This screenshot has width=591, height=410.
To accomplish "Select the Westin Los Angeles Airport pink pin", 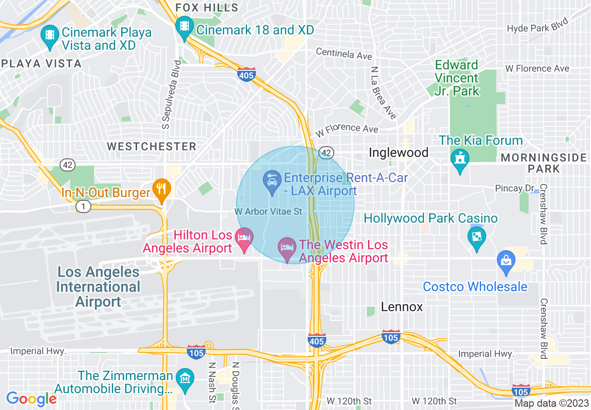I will tap(287, 247).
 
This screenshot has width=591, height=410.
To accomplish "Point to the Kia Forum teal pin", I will tap(460, 159).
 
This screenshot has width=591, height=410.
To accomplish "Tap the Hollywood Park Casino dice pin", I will tap(476, 237).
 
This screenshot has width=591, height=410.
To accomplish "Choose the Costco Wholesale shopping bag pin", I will tap(506, 261).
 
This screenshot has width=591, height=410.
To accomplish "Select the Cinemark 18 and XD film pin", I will tap(185, 26).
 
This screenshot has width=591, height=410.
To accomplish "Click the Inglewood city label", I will tap(399, 152).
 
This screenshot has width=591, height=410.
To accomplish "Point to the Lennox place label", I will tap(402, 307).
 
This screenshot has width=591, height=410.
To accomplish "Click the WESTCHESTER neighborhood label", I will tap(151, 146).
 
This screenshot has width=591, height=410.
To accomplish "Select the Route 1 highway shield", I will tap(83, 206).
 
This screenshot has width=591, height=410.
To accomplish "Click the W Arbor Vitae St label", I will tap(268, 212).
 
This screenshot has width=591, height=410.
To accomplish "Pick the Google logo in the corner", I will tap(31, 399).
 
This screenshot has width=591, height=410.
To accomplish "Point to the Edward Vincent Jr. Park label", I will tap(457, 78).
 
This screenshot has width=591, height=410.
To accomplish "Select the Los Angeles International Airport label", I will tap(98, 287).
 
